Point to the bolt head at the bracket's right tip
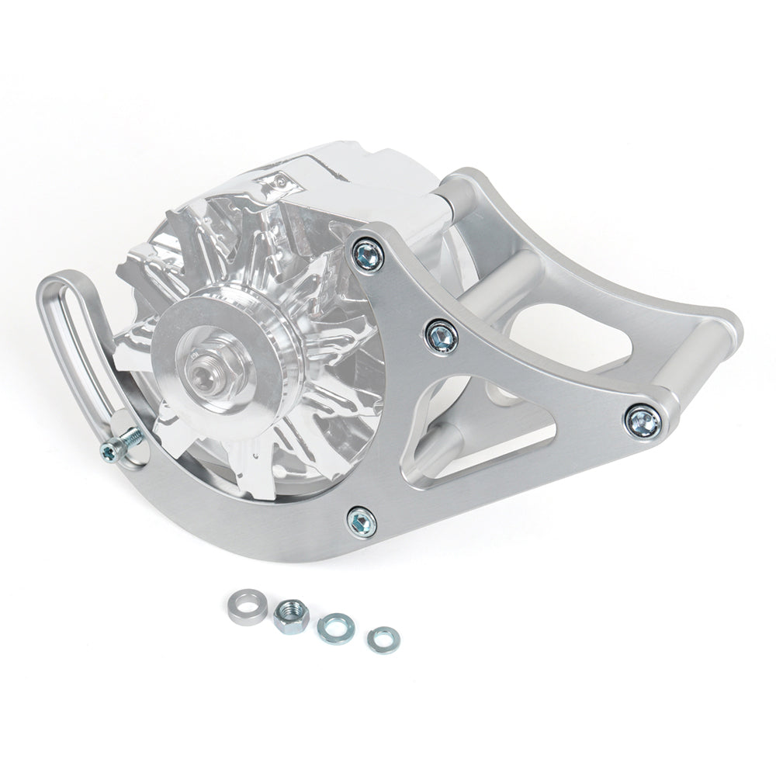pyautogui.click(x=643, y=419)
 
